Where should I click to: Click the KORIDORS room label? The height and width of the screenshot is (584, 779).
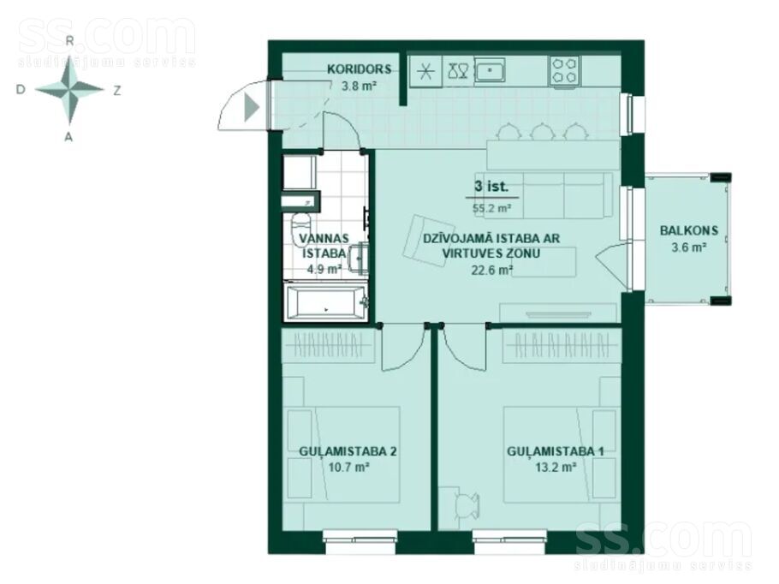click(x=360, y=69)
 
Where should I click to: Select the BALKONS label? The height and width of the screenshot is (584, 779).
click(x=689, y=230)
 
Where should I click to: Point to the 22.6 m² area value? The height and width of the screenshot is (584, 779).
click(x=492, y=271)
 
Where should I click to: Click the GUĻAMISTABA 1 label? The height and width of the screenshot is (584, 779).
click(x=556, y=451)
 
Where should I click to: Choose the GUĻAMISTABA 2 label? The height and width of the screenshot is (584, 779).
click(x=348, y=451)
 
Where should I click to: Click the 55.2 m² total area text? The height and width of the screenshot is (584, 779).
click(x=492, y=208)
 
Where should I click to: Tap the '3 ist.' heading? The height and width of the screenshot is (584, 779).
click(x=491, y=187)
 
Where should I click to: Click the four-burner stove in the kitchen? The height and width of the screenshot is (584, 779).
click(x=565, y=70)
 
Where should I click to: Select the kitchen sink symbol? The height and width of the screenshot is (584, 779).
click(x=490, y=70)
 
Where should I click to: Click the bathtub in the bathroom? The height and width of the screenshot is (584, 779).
click(x=326, y=302)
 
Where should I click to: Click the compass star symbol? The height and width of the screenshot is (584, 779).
click(x=69, y=90)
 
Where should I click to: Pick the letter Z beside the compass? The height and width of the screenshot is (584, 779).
click(x=117, y=91)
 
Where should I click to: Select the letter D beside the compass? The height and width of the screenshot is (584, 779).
click(x=21, y=90)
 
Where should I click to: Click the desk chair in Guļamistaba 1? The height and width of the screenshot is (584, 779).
click(x=467, y=506)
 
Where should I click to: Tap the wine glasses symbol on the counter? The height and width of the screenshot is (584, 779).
click(x=458, y=70)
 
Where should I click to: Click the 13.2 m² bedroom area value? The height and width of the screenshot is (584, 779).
click(x=556, y=468)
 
